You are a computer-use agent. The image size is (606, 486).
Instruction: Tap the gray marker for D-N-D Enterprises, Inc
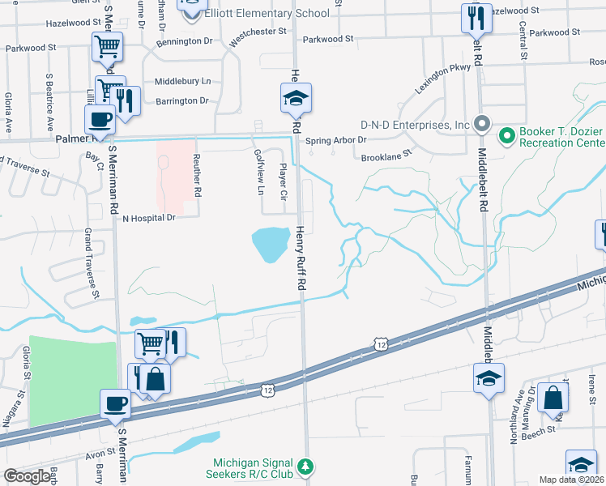[x=482, y=125]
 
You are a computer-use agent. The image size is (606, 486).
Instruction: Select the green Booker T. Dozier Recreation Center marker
[x=508, y=134]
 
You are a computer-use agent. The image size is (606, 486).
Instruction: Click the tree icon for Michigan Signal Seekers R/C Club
[x=306, y=467]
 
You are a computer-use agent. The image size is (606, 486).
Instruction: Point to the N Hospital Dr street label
[x=148, y=218]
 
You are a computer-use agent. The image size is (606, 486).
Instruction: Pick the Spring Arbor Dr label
[x=336, y=140]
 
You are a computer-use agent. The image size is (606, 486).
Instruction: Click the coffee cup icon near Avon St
[x=115, y=403]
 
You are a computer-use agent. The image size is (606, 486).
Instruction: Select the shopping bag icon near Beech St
[x=553, y=398]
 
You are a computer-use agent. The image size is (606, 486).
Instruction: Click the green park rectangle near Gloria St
[x=73, y=381]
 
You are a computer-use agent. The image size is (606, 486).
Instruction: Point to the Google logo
[x=28, y=476]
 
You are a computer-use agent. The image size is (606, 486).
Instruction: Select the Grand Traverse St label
[x=90, y=263]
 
